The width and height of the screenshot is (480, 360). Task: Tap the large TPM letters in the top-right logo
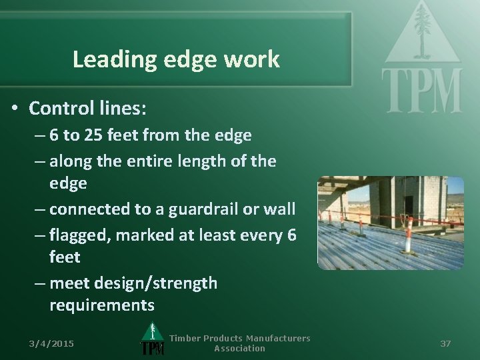(421, 90)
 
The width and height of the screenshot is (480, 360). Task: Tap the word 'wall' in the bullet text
(279, 209)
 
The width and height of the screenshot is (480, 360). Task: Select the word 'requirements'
(101, 305)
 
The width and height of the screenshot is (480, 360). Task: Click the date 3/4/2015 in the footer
(51, 343)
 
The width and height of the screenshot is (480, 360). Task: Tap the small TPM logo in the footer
(153, 341)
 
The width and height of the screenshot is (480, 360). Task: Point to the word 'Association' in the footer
(239, 348)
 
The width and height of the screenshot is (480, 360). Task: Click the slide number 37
(445, 343)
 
